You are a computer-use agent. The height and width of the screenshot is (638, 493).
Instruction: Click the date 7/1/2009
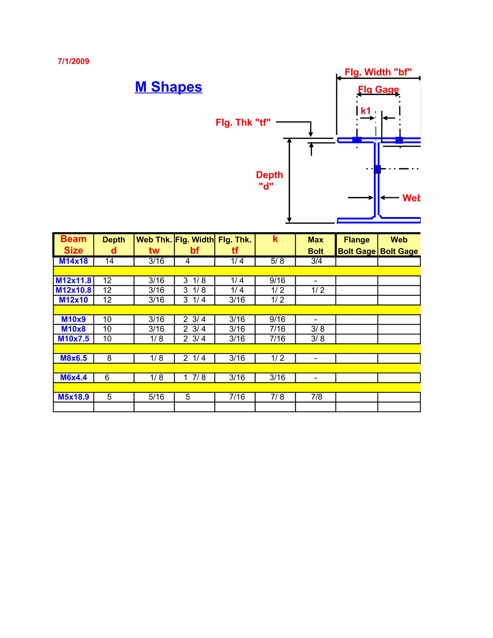[73, 61]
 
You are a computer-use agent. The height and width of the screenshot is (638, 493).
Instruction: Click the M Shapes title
[169, 87]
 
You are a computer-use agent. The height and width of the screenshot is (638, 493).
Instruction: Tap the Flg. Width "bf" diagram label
[378, 72]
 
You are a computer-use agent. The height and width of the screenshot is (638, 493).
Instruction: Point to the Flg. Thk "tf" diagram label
[243, 122]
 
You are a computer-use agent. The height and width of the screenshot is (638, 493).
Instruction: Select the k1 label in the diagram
[365, 111]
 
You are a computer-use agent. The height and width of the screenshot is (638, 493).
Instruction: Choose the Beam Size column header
[74, 245]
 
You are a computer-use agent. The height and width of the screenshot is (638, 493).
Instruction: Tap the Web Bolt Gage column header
[399, 245]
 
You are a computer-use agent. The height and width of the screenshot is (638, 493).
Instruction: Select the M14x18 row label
[73, 261]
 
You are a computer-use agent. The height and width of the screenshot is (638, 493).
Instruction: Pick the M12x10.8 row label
[73, 290]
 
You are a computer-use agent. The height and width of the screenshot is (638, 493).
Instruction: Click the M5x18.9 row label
[73, 397]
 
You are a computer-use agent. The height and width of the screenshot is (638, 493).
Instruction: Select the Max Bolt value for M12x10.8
[318, 290]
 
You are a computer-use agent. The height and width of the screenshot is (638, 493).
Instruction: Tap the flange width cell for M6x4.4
[195, 378]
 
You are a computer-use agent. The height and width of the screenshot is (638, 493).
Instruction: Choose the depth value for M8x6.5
[109, 358]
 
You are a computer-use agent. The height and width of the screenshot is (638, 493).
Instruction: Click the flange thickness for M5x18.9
[237, 397]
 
